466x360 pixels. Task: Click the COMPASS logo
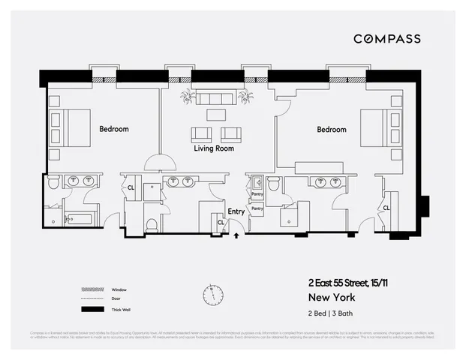(x=386, y=39)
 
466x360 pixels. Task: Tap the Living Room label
(x=214, y=148)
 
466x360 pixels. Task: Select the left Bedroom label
(x=114, y=129)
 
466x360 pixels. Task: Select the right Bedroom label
(x=331, y=130)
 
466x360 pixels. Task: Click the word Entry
(x=236, y=211)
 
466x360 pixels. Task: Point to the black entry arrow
(x=237, y=235)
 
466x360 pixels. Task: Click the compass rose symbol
(x=212, y=293)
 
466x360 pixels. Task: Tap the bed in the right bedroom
(x=376, y=127)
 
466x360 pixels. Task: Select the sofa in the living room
(x=215, y=99)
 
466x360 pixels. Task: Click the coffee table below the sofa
(x=215, y=115)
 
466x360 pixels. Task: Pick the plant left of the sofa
(x=187, y=97)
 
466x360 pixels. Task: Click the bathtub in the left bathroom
(x=77, y=220)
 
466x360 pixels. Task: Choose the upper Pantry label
(x=257, y=193)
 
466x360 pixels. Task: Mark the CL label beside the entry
(x=221, y=222)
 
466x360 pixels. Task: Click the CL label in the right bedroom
(x=386, y=208)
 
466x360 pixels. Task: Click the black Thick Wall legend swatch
(x=92, y=309)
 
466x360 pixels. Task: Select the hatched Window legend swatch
(x=92, y=289)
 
